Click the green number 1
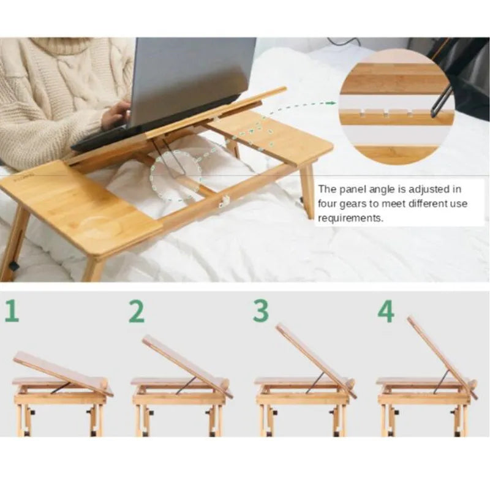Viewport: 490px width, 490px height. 12,312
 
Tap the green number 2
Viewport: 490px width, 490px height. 137,312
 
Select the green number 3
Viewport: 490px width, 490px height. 261,311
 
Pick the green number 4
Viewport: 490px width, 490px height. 386,312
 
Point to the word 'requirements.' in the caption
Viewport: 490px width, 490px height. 350,218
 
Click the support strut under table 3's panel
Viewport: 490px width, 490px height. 315,382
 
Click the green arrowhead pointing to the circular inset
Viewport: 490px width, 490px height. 334,103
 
